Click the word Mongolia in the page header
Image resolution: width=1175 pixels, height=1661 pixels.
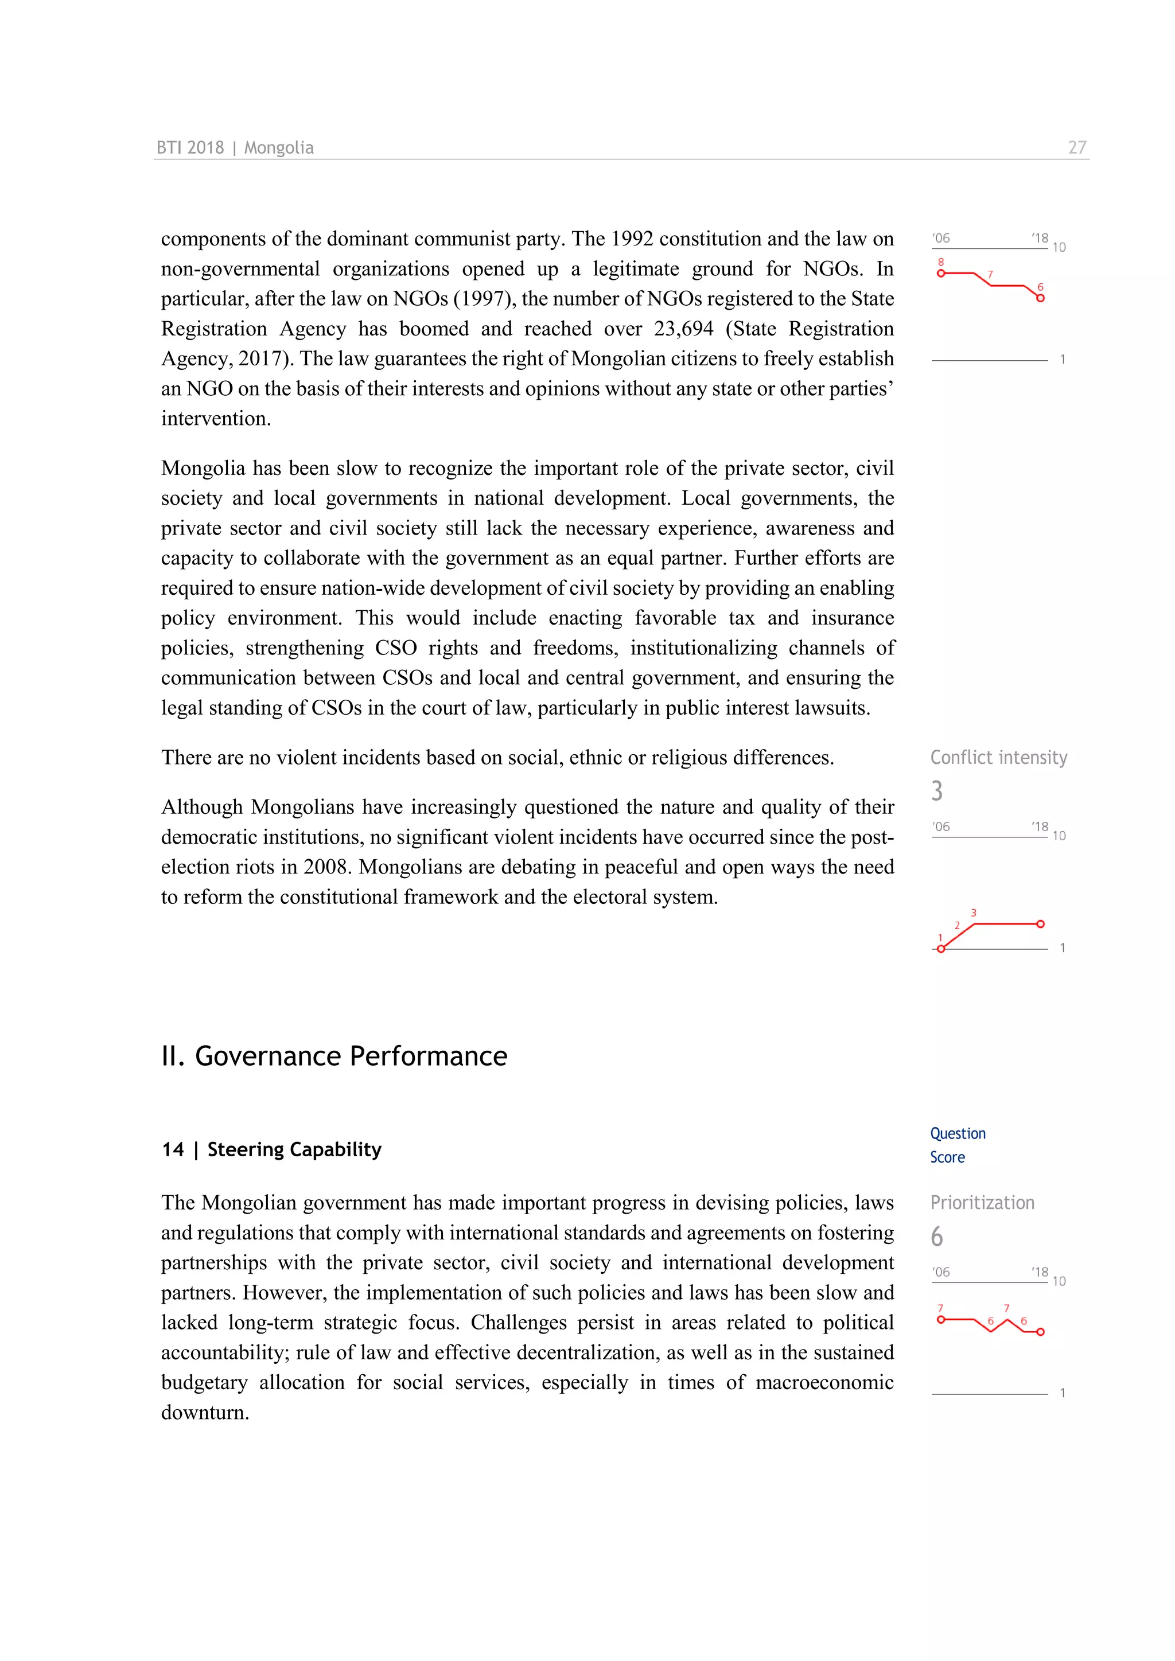pyautogui.click(x=279, y=147)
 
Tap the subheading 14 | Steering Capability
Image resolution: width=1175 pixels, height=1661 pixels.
pyautogui.click(x=271, y=1149)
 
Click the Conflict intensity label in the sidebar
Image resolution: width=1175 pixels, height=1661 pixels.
pyautogui.click(x=998, y=758)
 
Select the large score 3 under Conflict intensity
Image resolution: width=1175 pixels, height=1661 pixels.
pyautogui.click(x=937, y=791)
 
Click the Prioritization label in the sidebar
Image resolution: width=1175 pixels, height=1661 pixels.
pyautogui.click(x=982, y=1202)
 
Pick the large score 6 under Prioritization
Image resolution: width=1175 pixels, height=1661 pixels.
pyautogui.click(x=937, y=1237)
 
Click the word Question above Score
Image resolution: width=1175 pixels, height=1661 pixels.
pyautogui.click(x=957, y=1133)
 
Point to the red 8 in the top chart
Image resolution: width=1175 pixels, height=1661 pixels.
pyautogui.click(x=940, y=262)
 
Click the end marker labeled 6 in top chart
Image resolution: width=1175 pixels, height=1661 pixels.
pyautogui.click(x=1040, y=298)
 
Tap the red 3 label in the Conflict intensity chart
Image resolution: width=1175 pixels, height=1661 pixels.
pyautogui.click(x=973, y=913)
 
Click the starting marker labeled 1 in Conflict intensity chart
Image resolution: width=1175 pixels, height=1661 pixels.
pyautogui.click(x=940, y=949)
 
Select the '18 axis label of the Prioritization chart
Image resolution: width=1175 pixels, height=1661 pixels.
pyautogui.click(x=1040, y=1271)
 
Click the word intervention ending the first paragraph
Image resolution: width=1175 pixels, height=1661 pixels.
pyautogui.click(x=215, y=419)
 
